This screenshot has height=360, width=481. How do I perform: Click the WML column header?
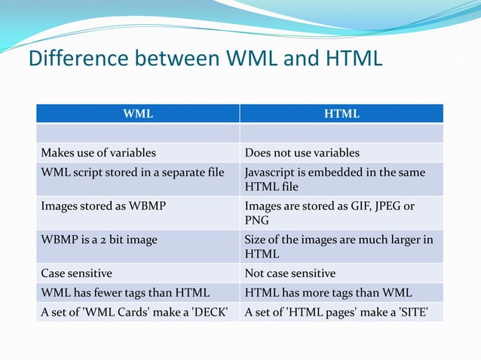[x=138, y=114]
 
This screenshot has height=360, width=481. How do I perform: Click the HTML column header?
[x=342, y=114]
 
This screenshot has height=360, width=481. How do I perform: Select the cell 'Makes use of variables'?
[x=99, y=153]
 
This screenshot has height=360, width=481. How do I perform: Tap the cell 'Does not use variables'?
[x=302, y=153]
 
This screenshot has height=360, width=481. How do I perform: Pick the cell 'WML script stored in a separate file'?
[x=132, y=172]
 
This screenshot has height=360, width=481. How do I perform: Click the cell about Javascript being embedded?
[x=335, y=179]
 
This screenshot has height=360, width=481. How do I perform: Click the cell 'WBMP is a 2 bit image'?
[x=100, y=240]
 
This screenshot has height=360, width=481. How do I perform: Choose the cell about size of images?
[x=339, y=247]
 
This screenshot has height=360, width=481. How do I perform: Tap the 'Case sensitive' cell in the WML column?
[x=77, y=273]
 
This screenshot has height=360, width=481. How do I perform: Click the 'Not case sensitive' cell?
[x=290, y=273]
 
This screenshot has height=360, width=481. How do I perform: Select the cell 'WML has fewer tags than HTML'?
[x=125, y=292]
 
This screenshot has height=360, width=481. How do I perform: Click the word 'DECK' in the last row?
[x=211, y=311]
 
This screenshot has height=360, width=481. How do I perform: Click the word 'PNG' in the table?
[x=256, y=221]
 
